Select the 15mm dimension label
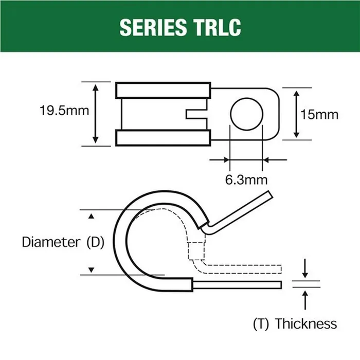coord(319,114)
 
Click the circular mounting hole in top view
coord(246,114)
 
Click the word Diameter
coord(51,242)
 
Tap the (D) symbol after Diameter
coord(94,242)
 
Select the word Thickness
coord(306,324)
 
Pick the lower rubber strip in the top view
coord(164,138)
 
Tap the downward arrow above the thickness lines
coord(307,269)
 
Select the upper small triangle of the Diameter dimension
coord(92,217)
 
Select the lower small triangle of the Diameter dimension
coord(92,269)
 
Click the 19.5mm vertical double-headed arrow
coord(96,114)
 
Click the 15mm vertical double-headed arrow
coord(297,114)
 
